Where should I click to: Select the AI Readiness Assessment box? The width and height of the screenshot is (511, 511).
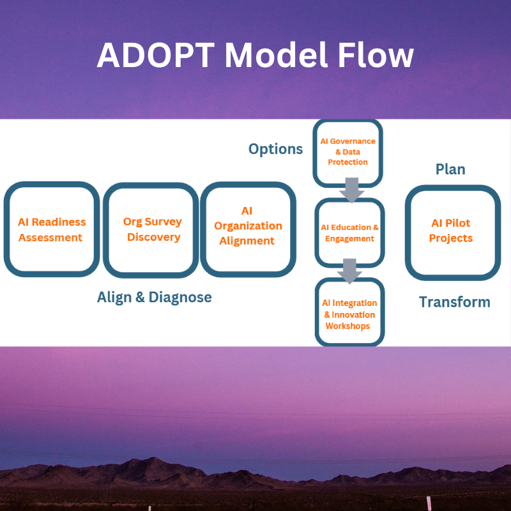pos(51,229)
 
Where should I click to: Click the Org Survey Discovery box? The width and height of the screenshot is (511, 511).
pos(152,229)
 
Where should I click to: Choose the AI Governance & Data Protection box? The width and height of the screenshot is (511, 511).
pos(348,152)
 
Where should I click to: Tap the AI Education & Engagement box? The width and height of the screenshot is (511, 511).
pos(349,233)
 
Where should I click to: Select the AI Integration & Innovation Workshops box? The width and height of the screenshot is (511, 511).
pos(350,314)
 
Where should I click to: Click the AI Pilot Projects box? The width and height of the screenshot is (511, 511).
pos(452,231)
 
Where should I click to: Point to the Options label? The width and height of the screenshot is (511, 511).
pos(275,149)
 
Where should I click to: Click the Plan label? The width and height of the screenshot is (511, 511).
pos(450,169)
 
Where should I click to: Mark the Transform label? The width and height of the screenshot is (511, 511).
pos(454,302)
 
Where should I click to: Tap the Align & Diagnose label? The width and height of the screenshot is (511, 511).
pos(154,297)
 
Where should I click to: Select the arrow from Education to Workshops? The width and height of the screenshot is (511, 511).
pos(350,270)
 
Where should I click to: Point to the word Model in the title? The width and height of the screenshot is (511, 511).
pos(272,56)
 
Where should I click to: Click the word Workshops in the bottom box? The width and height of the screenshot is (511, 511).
pos(347,326)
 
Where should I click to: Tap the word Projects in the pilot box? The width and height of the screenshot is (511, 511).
pos(451,238)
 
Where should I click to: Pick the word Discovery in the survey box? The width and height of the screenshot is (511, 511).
pos(153,237)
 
